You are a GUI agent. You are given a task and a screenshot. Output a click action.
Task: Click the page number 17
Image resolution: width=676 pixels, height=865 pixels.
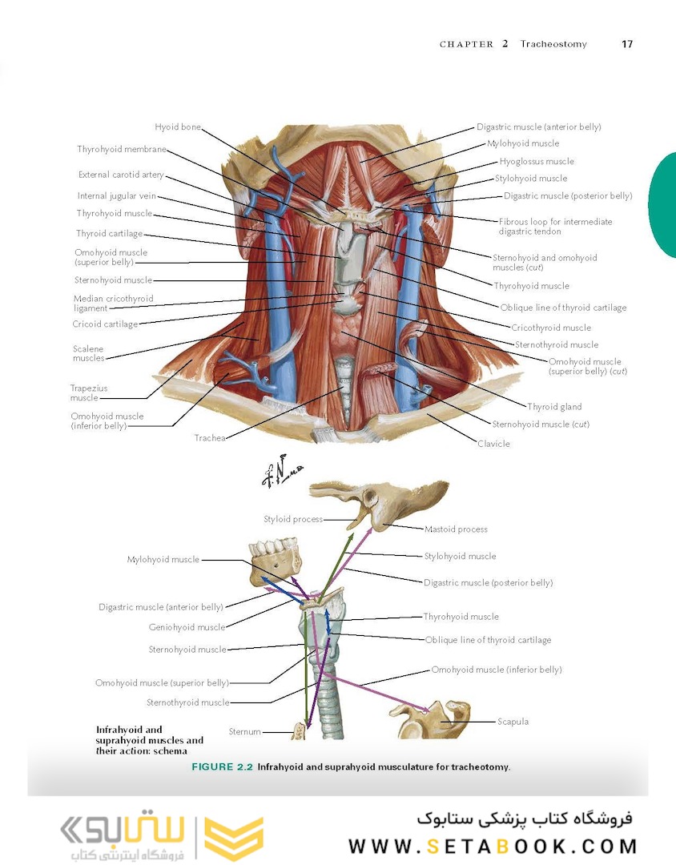pyautogui.click(x=627, y=44)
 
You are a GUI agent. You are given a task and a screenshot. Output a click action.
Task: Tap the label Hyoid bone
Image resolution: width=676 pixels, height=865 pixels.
pyautogui.click(x=178, y=127)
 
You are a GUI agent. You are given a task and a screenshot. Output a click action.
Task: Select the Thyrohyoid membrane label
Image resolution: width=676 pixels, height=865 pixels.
pyautogui.click(x=122, y=149)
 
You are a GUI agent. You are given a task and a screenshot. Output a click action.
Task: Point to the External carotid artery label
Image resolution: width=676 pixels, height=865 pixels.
pyautogui.click(x=121, y=175)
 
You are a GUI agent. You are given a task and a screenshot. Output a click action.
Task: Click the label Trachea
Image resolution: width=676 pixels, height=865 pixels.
pyautogui.click(x=210, y=438)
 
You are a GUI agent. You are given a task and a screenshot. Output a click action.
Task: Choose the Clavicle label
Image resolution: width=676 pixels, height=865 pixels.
pyautogui.click(x=493, y=444)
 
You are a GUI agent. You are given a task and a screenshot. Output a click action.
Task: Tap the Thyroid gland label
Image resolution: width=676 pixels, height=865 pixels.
pyautogui.click(x=554, y=407)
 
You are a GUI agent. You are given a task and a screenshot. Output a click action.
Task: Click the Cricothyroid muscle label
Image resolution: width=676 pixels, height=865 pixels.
pyautogui.click(x=551, y=328)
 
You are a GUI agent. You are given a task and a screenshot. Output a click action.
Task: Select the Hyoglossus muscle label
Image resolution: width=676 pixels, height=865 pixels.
pyautogui.click(x=537, y=161)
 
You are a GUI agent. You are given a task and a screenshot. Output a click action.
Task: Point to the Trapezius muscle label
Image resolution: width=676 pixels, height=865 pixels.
pyautogui.click(x=88, y=392)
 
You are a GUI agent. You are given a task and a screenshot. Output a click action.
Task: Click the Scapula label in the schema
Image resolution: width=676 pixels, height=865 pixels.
pyautogui.click(x=513, y=722)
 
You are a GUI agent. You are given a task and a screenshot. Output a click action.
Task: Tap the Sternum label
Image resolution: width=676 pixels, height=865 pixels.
pyautogui.click(x=244, y=731)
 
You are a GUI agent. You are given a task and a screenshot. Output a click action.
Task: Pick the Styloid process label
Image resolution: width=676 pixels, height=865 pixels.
pyautogui.click(x=293, y=519)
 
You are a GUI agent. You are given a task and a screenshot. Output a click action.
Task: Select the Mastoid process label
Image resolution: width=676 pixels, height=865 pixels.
pyautogui.click(x=456, y=529)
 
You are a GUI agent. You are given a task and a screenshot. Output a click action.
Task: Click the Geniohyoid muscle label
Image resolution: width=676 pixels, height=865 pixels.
pyautogui.click(x=187, y=627)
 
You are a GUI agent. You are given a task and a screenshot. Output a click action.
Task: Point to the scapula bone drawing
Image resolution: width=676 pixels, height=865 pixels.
pyautogui.click(x=436, y=719)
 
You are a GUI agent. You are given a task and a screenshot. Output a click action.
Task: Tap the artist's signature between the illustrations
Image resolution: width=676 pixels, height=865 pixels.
pyautogui.click(x=281, y=471)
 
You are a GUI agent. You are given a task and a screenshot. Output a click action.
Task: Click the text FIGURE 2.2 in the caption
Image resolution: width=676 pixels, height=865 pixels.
pyautogui.click(x=222, y=766)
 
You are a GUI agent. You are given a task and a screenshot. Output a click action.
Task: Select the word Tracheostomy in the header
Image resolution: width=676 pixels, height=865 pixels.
pyautogui.click(x=553, y=44)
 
